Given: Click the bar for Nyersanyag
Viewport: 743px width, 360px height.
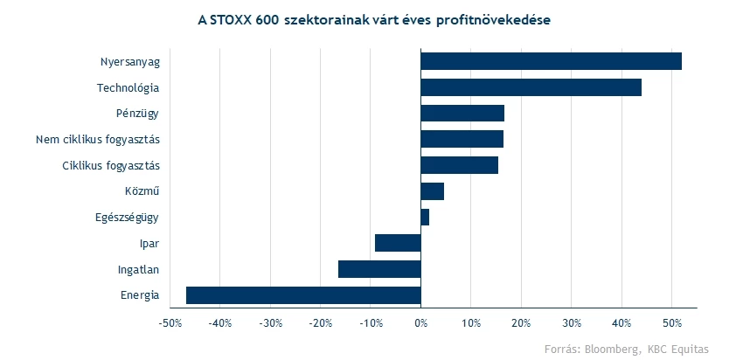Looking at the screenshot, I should pyautogui.click(x=551, y=61).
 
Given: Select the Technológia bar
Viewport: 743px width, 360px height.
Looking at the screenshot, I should pyautogui.click(x=531, y=87).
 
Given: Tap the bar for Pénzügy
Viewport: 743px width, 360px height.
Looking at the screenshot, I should pyautogui.click(x=462, y=114).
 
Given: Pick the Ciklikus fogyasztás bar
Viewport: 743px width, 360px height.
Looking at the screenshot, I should pyautogui.click(x=459, y=165).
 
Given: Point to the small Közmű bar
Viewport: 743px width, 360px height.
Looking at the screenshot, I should pyautogui.click(x=432, y=191).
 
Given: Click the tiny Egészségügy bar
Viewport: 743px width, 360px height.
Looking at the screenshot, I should pyautogui.click(x=425, y=217).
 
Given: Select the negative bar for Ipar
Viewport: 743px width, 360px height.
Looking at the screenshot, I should pyautogui.click(x=398, y=243).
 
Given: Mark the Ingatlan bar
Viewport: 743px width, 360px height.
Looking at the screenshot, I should pyautogui.click(x=379, y=269).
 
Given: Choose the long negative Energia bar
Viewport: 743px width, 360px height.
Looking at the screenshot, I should pyautogui.click(x=303, y=294).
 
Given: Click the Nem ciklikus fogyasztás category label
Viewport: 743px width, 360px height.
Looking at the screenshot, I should pyautogui.click(x=98, y=140).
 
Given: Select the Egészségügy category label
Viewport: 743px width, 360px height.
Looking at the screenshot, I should pyautogui.click(x=127, y=218).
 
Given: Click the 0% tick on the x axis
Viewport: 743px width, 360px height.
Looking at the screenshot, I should pyautogui.click(x=420, y=323).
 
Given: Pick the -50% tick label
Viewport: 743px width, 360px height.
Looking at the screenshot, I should pyautogui.click(x=169, y=323).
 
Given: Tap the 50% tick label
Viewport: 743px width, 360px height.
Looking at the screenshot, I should pyautogui.click(x=671, y=323).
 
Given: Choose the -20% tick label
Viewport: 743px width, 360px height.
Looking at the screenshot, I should pyautogui.click(x=320, y=323).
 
